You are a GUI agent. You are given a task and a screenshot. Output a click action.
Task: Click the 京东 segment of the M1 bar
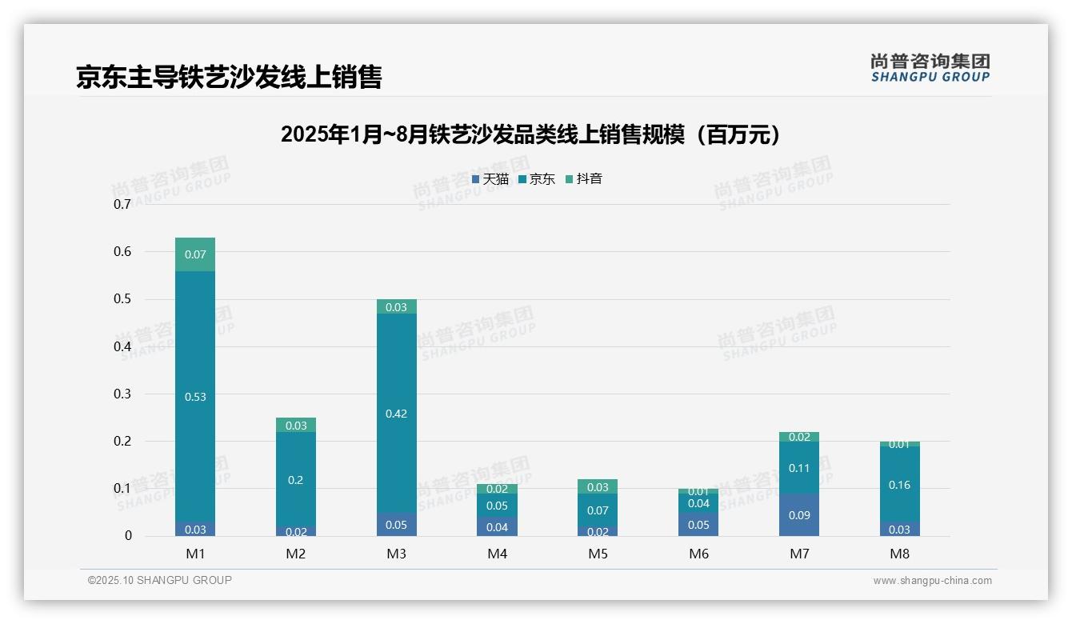[195, 397]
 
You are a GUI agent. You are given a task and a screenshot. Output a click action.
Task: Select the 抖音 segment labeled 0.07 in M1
[195, 254]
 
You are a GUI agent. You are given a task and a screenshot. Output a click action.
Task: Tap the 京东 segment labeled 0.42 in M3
[396, 414]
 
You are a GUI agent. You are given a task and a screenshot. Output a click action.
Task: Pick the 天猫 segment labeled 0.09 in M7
[799, 515]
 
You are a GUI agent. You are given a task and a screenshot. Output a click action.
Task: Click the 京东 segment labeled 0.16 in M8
[899, 485]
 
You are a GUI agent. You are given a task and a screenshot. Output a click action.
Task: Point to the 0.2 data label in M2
[296, 480]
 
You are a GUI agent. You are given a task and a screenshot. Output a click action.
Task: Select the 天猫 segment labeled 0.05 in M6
[698, 525]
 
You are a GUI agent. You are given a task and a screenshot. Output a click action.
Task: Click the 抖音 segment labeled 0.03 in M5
[598, 487]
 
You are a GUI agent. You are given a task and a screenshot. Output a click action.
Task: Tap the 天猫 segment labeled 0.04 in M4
[497, 526]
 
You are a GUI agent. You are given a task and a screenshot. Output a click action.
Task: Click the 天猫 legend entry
[490, 179]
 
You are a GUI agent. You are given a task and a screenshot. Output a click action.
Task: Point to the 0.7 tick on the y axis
[122, 204]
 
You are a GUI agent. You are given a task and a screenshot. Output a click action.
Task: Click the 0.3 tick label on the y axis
[122, 394]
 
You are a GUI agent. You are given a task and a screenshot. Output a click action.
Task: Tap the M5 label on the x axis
[598, 554]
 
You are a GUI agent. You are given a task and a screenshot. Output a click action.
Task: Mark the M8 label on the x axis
[899, 554]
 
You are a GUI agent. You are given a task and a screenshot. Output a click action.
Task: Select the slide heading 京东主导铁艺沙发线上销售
[229, 77]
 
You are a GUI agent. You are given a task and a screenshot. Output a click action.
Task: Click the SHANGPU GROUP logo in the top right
[930, 68]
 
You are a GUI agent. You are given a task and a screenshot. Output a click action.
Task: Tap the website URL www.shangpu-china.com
[932, 581]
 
